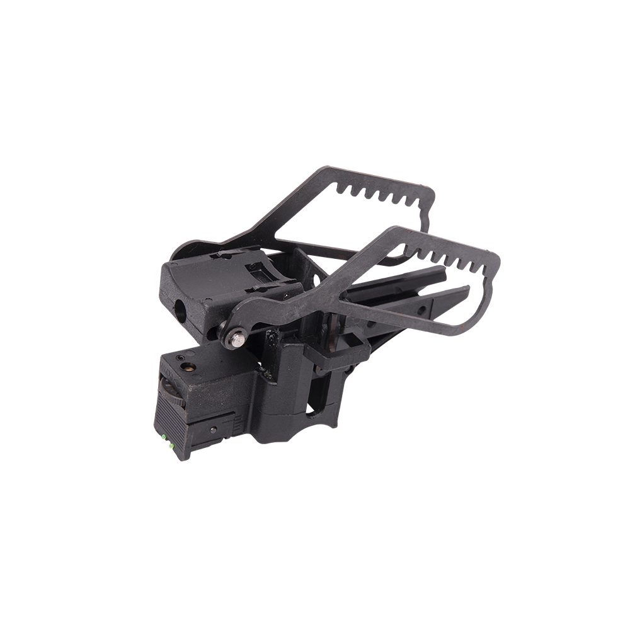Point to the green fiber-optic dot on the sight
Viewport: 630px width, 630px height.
(x=166, y=438)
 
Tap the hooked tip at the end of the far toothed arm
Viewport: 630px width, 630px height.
(x=427, y=220)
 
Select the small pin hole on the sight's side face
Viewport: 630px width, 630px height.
(x=215, y=430)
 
